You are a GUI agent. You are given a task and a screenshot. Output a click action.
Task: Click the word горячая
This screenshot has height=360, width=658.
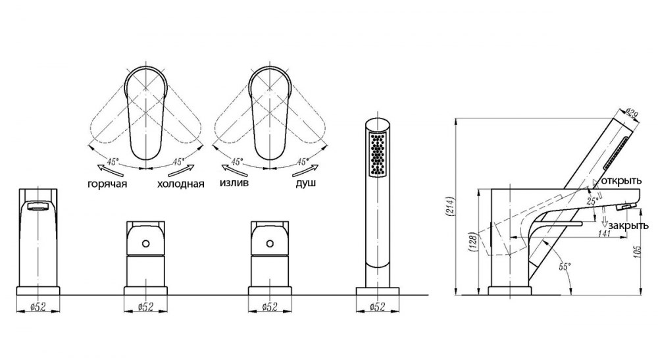[107, 184]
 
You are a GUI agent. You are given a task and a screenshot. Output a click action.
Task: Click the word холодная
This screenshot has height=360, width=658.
[181, 184]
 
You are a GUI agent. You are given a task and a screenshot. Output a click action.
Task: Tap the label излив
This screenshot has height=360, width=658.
[234, 184]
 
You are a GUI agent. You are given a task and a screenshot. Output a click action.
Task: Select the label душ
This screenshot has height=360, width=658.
[306, 184]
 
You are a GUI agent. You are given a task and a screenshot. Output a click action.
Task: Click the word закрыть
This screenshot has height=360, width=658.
[628, 226]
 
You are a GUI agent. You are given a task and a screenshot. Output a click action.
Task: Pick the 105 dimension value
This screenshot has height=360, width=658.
[638, 252]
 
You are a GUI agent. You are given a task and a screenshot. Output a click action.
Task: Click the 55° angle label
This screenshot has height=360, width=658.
[565, 267]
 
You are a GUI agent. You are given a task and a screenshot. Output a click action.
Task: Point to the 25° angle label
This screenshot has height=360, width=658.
[592, 201]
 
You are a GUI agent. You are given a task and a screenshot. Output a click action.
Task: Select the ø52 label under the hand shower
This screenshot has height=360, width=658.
[377, 307]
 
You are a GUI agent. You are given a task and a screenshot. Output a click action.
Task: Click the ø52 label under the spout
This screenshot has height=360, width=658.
[38, 307]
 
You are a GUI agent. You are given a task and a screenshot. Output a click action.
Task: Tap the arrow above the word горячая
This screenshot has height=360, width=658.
[110, 170]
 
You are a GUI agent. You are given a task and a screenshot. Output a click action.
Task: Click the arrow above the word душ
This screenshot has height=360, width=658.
[305, 169]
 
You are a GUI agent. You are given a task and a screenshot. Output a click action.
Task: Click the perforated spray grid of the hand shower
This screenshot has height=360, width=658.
[378, 154]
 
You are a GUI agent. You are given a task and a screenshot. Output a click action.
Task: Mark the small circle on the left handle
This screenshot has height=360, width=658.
[145, 244]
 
